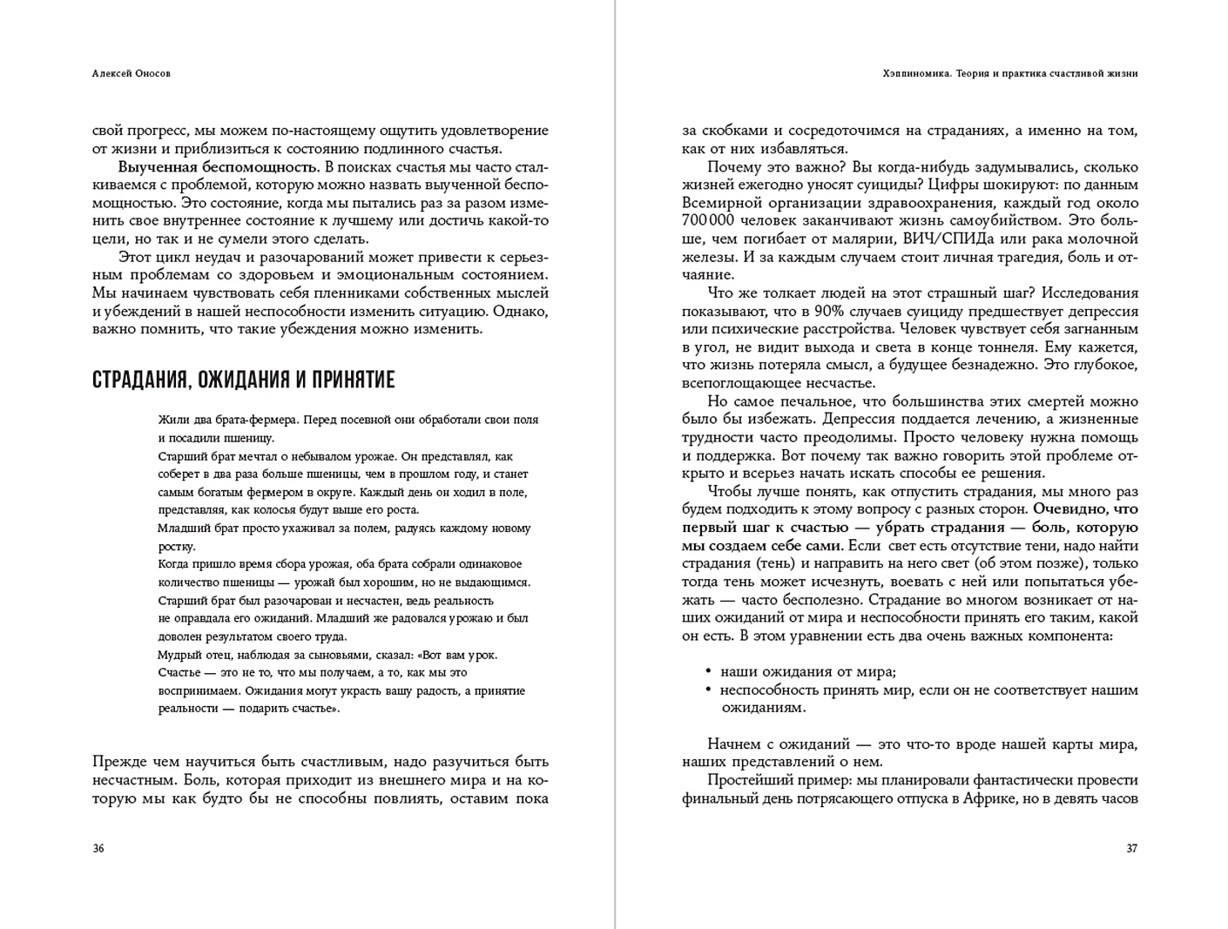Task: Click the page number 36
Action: [98, 848]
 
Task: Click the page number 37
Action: [1131, 848]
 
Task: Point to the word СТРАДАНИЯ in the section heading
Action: [138, 380]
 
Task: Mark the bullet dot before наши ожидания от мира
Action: [708, 671]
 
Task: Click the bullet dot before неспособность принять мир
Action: [708, 690]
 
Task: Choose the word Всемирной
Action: [716, 203]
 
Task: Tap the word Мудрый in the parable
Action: [177, 655]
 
